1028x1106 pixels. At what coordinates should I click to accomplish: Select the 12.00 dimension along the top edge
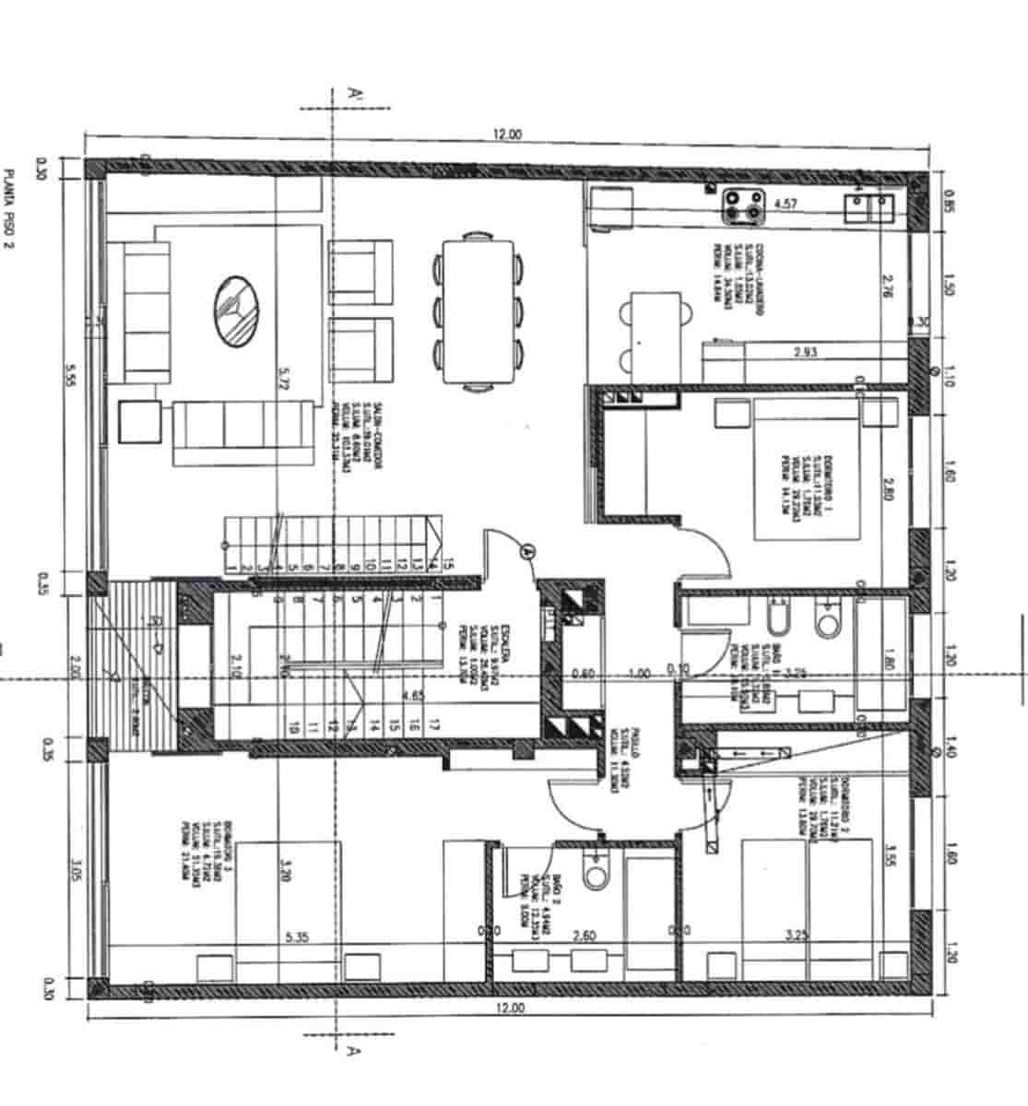coord(507,135)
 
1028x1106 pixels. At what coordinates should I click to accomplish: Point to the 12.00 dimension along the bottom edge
coord(509,1008)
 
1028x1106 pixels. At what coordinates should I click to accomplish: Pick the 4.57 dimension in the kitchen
coord(786,204)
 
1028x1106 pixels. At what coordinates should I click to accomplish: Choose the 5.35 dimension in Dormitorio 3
coord(297,938)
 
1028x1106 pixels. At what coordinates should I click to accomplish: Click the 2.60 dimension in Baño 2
coord(585,935)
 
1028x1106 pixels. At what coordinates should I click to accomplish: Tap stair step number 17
coord(434,725)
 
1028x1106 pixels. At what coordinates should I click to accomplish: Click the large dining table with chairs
coord(479,311)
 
